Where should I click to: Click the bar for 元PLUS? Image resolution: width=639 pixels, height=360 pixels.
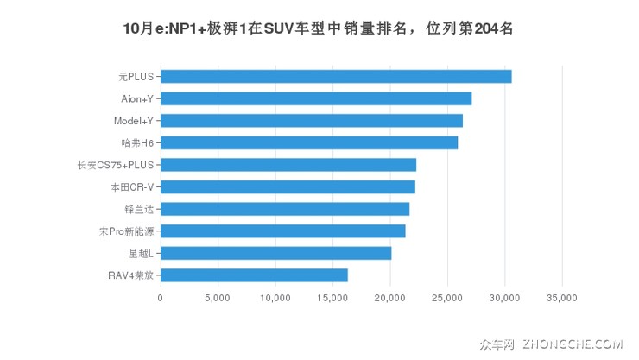coord(336,77)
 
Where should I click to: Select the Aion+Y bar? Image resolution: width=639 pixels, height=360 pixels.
coord(316,98)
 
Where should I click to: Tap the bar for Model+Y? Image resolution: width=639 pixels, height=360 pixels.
coord(312,121)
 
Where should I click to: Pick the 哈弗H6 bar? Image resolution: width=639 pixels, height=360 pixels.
coord(309,142)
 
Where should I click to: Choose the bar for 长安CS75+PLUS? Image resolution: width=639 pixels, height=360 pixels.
coord(288,165)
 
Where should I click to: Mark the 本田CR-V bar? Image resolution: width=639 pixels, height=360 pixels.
coord(288,186)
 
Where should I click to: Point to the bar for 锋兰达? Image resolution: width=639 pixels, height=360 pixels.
coord(285,209)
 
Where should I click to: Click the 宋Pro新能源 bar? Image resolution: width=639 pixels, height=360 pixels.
coord(282,231)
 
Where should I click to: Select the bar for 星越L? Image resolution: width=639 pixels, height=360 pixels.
coord(275,253)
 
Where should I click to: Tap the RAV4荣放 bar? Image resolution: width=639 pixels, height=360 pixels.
coord(254,275)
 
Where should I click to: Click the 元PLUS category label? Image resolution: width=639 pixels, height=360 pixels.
coord(136,77)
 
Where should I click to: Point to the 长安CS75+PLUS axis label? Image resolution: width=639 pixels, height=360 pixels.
coord(115,165)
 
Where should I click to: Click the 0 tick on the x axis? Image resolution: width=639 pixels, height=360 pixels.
coord(161,298)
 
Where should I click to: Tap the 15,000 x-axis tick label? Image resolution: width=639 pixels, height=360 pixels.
coord(332,298)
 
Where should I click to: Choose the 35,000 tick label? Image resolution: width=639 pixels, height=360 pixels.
coord(562,298)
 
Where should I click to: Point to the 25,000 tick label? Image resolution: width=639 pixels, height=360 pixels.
coord(447,298)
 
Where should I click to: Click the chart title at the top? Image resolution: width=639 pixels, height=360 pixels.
coord(319,27)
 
